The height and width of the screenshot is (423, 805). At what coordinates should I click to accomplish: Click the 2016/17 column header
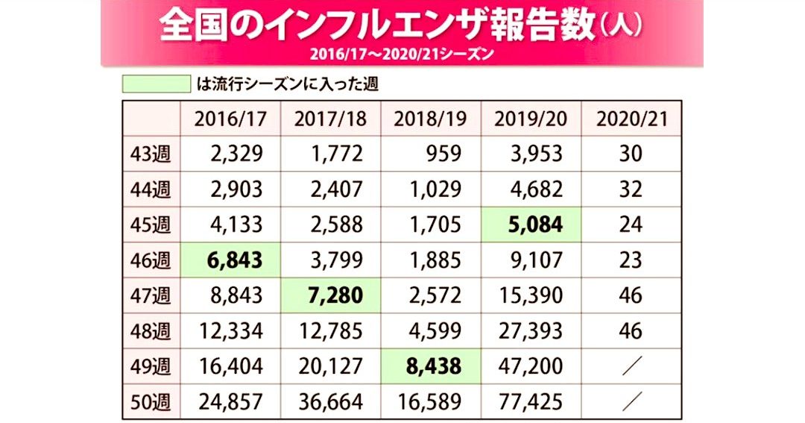pos(230,119)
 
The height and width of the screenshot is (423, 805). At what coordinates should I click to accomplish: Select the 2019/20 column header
pos(531,119)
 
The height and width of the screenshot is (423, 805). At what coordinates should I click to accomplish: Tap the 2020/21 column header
pos(631,119)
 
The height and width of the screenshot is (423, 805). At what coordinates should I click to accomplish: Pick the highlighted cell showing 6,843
pos(230,260)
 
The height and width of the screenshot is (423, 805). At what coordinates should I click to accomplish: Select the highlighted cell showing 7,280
pos(330,296)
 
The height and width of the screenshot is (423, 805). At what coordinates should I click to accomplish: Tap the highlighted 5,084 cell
pos(531,225)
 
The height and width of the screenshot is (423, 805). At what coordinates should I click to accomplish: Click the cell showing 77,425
pos(531,402)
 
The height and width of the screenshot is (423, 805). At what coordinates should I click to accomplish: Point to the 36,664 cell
pos(330,402)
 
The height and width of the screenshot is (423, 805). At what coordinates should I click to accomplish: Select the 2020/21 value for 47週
pos(631,296)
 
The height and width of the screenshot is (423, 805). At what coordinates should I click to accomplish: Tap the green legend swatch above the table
pos(156,83)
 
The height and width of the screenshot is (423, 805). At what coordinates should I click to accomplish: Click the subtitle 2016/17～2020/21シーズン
pos(402,54)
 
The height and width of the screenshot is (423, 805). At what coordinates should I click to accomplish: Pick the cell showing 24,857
pos(230,402)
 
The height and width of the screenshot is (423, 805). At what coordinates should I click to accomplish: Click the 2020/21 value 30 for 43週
pos(631,154)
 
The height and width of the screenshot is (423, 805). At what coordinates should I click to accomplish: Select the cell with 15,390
pos(531,296)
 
